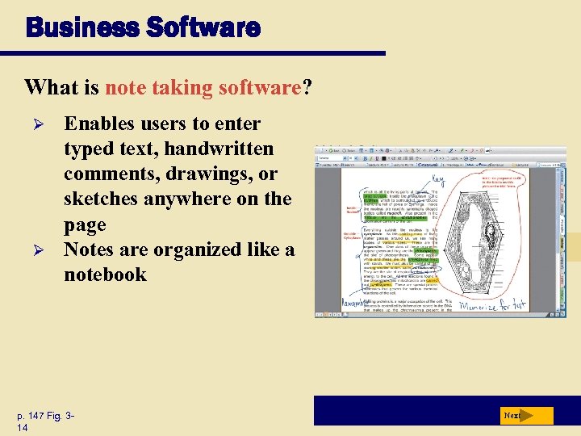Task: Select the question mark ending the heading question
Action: [x=307, y=87]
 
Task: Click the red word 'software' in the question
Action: [x=260, y=87]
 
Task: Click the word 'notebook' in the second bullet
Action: [x=105, y=275]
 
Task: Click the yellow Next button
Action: [x=525, y=416]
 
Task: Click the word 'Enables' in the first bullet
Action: [x=103, y=124]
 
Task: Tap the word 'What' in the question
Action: [x=48, y=87]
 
